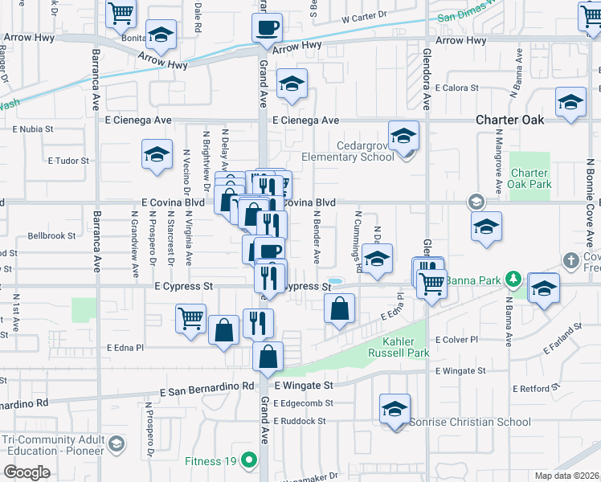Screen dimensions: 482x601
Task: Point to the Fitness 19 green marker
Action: click(249, 460)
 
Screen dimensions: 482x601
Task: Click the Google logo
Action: click(27, 472)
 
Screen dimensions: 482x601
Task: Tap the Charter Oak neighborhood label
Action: click(509, 120)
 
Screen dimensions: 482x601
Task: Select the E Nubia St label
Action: click(33, 128)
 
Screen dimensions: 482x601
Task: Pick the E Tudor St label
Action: click(68, 161)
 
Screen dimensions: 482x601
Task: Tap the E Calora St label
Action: click(456, 88)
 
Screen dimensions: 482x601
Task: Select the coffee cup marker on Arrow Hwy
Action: click(268, 28)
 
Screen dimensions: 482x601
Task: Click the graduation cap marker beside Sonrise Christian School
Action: click(395, 409)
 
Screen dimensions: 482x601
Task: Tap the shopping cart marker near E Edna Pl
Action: click(190, 319)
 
